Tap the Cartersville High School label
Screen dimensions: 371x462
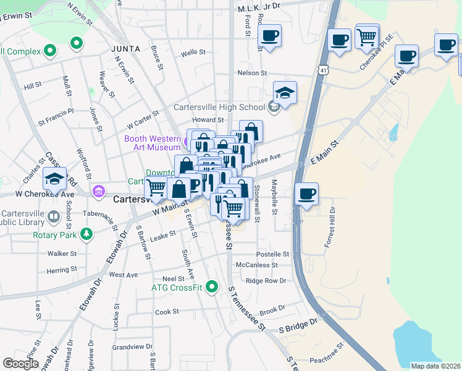(219, 107)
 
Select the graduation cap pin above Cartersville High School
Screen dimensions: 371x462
(285, 93)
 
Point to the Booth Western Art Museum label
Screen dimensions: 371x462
(152, 143)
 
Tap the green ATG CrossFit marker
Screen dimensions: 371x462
(212, 287)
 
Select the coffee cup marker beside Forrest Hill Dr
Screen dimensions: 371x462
(306, 194)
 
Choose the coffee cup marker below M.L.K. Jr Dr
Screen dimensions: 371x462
(269, 36)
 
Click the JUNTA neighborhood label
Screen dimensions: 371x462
(126, 48)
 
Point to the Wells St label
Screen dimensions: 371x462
(193, 53)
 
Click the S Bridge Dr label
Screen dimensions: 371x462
(298, 322)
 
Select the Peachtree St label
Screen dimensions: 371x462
(325, 359)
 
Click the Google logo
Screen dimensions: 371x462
(20, 364)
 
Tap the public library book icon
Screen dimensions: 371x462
(54, 216)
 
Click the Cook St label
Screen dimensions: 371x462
(167, 312)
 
